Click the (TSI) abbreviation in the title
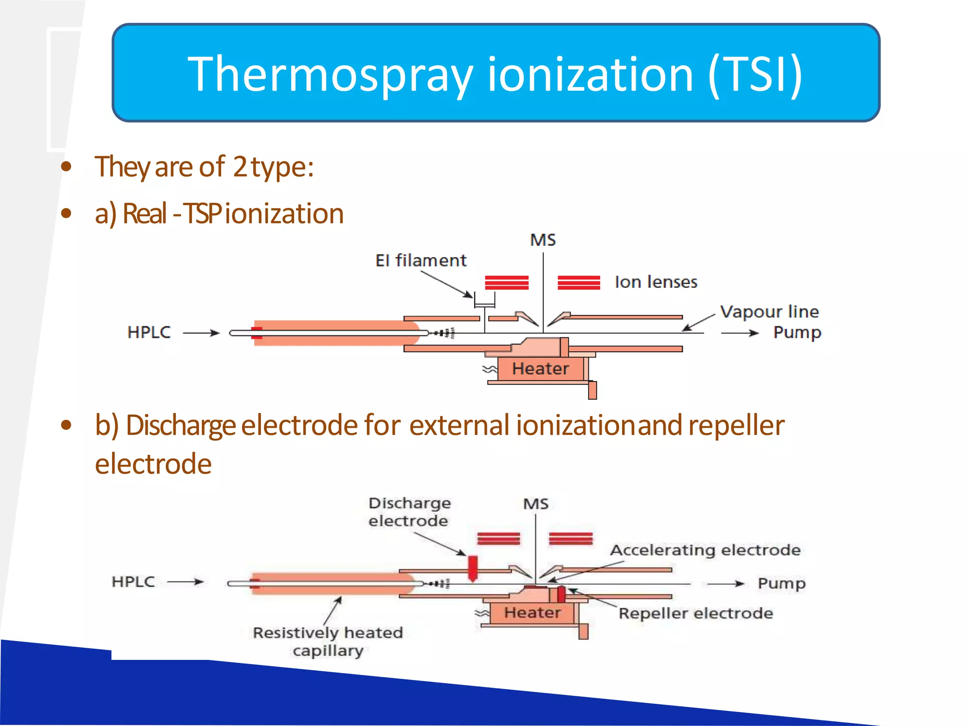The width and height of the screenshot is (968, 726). tap(755, 75)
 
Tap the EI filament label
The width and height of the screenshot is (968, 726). tap(421, 260)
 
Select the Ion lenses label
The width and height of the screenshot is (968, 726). tap(656, 282)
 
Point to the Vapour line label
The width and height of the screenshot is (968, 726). tap(769, 312)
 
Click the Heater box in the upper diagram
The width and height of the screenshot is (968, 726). tap(541, 369)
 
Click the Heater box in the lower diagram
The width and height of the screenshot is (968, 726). tap(532, 613)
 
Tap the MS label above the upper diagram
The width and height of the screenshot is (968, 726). tap(543, 240)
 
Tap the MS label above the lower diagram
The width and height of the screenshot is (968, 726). tap(536, 504)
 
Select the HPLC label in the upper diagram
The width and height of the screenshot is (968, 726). tap(149, 332)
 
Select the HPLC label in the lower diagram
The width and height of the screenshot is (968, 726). tap(133, 582)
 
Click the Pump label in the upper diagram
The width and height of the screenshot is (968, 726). tap(797, 333)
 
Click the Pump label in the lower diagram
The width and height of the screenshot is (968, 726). tap(781, 583)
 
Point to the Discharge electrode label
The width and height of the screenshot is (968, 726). tap(409, 512)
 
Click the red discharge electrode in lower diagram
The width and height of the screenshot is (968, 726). tap(472, 568)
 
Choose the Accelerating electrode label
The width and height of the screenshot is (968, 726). tap(705, 550)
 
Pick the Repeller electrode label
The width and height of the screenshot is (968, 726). tap(696, 614)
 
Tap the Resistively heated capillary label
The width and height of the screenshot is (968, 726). tap(328, 641)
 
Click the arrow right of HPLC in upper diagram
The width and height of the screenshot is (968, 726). tap(201, 333)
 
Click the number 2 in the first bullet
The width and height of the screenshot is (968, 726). tap(240, 167)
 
